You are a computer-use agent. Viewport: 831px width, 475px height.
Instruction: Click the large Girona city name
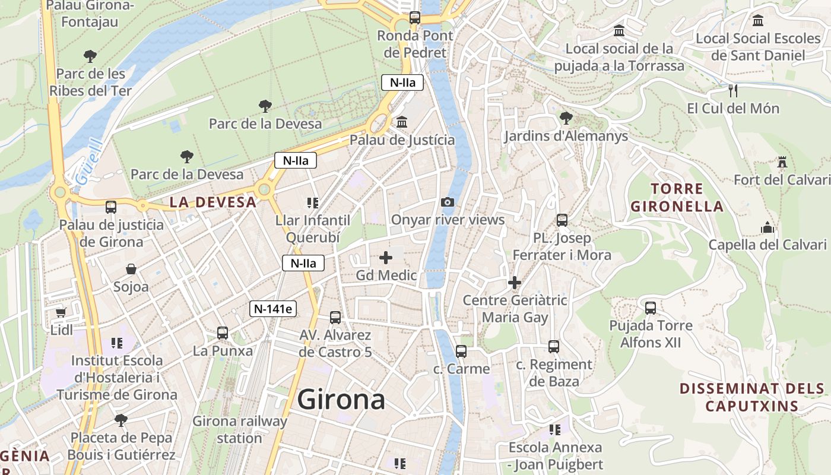tap(341, 400)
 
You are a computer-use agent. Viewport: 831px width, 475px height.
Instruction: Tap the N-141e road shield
tap(273, 308)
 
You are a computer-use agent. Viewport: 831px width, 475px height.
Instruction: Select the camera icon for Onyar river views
tap(448, 202)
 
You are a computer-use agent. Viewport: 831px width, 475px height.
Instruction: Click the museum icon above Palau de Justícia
tap(402, 122)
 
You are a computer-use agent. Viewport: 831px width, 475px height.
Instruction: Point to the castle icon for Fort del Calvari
tap(782, 162)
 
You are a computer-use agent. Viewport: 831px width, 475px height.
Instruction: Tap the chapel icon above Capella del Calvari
tap(767, 227)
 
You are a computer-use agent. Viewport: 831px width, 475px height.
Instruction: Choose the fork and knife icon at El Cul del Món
tap(733, 91)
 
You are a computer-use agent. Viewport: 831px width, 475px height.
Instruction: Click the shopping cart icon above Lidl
tap(61, 312)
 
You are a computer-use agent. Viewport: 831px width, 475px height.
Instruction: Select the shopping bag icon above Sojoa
tap(131, 270)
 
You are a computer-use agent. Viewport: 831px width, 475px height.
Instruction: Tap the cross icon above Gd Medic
tap(386, 258)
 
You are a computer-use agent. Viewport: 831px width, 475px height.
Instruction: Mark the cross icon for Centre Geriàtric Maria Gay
tap(515, 283)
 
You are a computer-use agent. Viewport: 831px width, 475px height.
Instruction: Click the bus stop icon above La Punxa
tap(223, 333)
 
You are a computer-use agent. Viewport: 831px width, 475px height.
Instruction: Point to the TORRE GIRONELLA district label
tap(677, 198)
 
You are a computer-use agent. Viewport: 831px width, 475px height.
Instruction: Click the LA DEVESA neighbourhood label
tap(213, 202)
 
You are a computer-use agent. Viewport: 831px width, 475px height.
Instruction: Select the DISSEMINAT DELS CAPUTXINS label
tap(752, 397)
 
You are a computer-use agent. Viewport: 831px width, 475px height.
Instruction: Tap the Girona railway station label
tap(240, 430)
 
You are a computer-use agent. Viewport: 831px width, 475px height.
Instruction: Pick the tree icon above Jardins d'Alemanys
tap(566, 118)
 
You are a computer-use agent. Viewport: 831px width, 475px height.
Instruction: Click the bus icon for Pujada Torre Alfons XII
tap(651, 308)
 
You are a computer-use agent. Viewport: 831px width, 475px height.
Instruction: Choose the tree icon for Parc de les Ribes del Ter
tap(90, 56)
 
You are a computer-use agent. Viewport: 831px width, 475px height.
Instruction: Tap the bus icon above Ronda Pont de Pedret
tap(415, 18)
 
